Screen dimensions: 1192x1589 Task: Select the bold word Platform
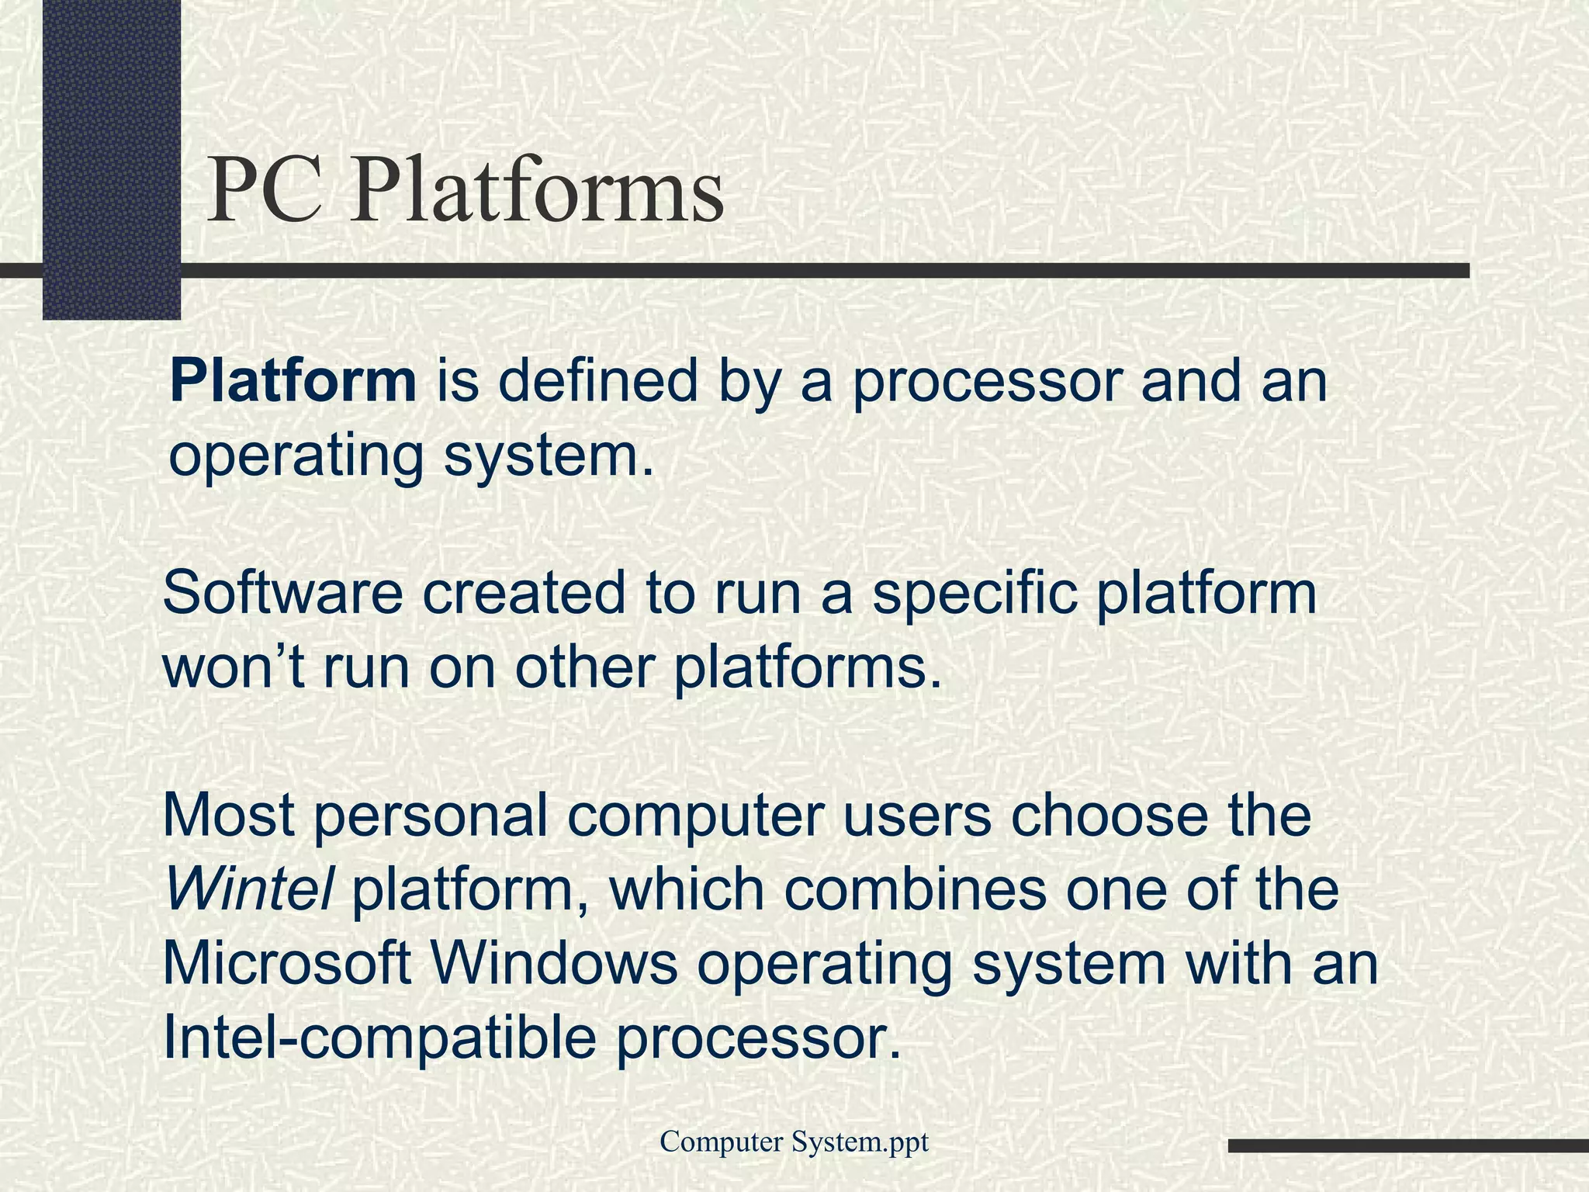point(293,382)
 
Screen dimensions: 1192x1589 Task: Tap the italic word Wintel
point(249,889)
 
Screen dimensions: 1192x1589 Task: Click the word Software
point(283,594)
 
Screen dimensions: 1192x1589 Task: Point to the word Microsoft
point(286,963)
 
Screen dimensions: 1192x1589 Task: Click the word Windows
point(553,963)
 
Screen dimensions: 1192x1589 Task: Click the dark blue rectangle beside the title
point(111,155)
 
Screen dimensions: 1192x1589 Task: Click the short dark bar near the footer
point(1408,1145)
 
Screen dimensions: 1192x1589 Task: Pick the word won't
point(234,668)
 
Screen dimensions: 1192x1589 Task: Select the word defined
point(598,382)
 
